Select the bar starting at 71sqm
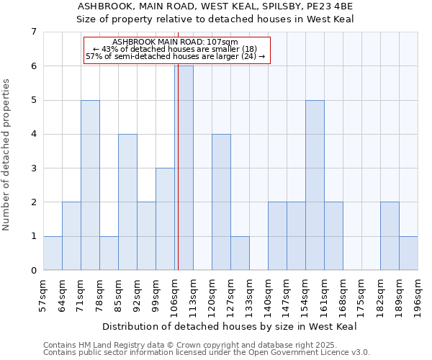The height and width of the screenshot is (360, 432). pos(90,185)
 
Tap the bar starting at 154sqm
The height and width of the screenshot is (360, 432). pos(315,185)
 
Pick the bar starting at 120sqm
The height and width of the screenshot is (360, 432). pos(221,202)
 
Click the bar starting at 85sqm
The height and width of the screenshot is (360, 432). pos(127,202)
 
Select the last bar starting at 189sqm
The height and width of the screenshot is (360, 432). pos(408,253)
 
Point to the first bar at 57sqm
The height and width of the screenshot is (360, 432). pos(53,253)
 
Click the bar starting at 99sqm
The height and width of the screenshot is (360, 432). pos(165,219)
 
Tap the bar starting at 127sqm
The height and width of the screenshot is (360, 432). pos(240,253)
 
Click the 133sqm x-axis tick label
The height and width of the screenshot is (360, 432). pos(250,294)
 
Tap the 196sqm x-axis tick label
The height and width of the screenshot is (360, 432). pos(418,294)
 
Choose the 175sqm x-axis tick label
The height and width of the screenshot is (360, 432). pos(362,294)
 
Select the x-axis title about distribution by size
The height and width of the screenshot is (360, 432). pos(230,326)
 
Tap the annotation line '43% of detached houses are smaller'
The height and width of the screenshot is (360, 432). pos(176,49)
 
